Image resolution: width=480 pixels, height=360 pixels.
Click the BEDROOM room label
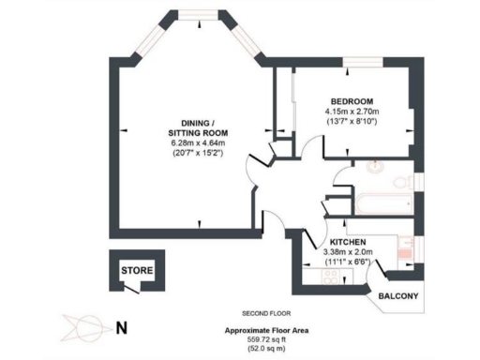pyautogui.click(x=352, y=100)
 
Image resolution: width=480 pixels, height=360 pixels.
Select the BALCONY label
pyautogui.click(x=398, y=297)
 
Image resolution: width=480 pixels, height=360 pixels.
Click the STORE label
pyautogui.click(x=133, y=270)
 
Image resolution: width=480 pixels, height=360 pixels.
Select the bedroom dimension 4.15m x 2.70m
pyautogui.click(x=352, y=111)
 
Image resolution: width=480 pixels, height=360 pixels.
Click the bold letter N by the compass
pyautogui.click(x=120, y=328)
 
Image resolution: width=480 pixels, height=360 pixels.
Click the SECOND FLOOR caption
pyautogui.click(x=267, y=312)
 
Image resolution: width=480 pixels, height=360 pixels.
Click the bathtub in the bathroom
pyautogui.click(x=382, y=201)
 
